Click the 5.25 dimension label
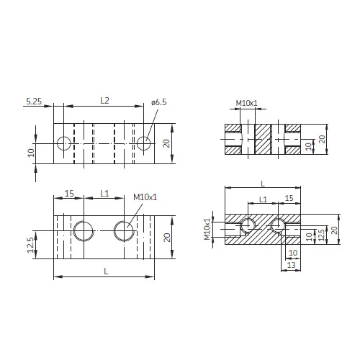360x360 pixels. (34, 102)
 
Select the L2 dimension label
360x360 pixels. (104, 101)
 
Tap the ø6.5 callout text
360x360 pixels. (158, 102)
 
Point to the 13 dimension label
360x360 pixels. (291, 265)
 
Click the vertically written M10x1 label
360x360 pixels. (207, 229)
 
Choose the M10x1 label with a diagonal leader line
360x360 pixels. (145, 197)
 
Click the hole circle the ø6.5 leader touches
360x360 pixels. (144, 143)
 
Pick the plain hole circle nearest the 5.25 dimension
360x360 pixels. (64, 143)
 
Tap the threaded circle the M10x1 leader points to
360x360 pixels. (124, 231)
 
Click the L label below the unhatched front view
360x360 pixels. (106, 271)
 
